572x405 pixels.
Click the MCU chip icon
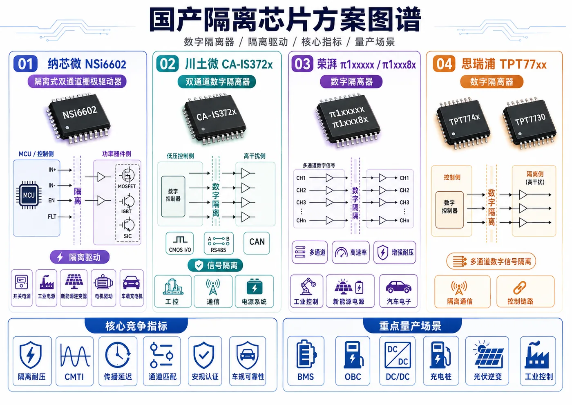[x=29, y=195]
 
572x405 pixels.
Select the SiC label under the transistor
[x=127, y=236]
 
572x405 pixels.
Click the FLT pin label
[x=52, y=217]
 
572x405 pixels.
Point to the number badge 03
[x=302, y=64]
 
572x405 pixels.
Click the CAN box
[x=257, y=243]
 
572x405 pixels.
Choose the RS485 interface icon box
[x=219, y=243]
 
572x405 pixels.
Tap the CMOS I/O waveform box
[x=180, y=243]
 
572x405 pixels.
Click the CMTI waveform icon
[x=75, y=355]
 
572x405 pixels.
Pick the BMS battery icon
[x=306, y=354]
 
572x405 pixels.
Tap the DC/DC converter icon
[x=398, y=355]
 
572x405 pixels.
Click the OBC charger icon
[x=353, y=354]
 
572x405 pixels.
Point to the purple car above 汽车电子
[x=398, y=287]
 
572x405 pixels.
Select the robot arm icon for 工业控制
[x=307, y=286]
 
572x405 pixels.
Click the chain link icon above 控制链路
[x=520, y=288]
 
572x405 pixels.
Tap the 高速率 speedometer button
[x=351, y=252]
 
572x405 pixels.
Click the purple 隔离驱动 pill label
[x=80, y=257]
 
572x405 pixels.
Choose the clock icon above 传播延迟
[x=118, y=355]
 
